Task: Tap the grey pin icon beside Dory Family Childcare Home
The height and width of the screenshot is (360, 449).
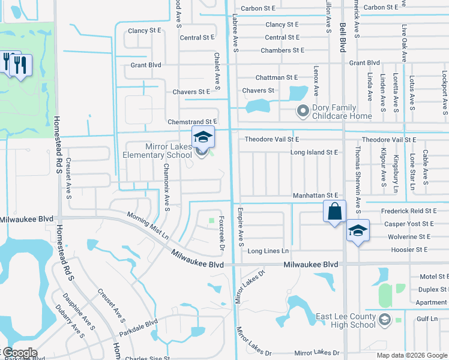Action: (303, 111)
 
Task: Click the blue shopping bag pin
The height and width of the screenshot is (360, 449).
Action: (334, 212)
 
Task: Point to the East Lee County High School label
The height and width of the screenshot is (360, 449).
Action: (346, 321)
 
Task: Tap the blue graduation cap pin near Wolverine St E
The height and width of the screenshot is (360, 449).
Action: (357, 232)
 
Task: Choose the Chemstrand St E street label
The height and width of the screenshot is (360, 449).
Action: (192, 121)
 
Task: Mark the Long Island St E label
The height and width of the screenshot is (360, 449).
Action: (314, 152)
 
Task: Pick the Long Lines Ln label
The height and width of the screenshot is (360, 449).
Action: (268, 251)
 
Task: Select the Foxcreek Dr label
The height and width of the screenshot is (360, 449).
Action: (222, 233)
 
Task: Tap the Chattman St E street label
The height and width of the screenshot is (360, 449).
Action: (276, 77)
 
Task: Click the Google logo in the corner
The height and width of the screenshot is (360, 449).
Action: (19, 353)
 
